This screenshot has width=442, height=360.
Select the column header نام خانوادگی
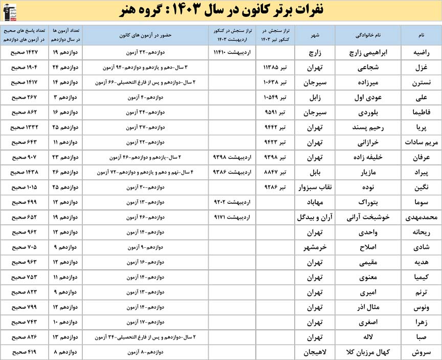pyautogui.click(x=368, y=35)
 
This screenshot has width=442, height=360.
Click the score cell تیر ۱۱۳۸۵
pyautogui.click(x=274, y=67)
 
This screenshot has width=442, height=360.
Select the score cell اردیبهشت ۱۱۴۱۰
pyautogui.click(x=232, y=52)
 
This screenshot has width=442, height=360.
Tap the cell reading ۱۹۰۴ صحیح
pyautogui.click(x=24, y=67)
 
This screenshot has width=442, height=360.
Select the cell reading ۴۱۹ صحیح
pyautogui.click(x=24, y=352)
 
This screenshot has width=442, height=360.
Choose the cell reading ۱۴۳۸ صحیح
pyautogui.click(x=24, y=173)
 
